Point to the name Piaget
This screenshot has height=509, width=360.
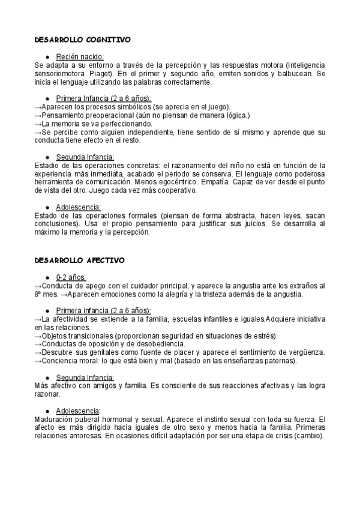(85, 73)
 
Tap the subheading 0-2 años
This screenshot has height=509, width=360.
(71, 277)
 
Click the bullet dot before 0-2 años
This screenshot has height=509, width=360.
(47, 277)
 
